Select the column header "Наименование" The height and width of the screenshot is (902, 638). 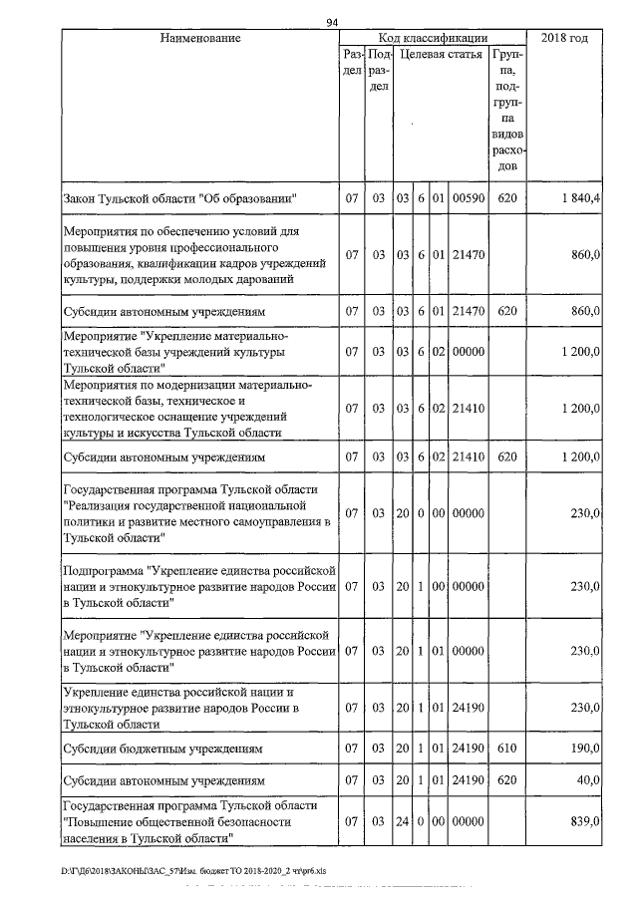[200, 38]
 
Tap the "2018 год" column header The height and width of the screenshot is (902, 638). [563, 38]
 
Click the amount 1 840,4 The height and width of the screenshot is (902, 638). [580, 199]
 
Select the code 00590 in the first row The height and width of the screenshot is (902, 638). [468, 199]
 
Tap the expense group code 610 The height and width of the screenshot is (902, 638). [506, 747]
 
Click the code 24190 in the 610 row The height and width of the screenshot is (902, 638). [468, 747]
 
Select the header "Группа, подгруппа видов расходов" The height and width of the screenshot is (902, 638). [506, 110]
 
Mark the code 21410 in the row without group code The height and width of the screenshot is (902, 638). [468, 408]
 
